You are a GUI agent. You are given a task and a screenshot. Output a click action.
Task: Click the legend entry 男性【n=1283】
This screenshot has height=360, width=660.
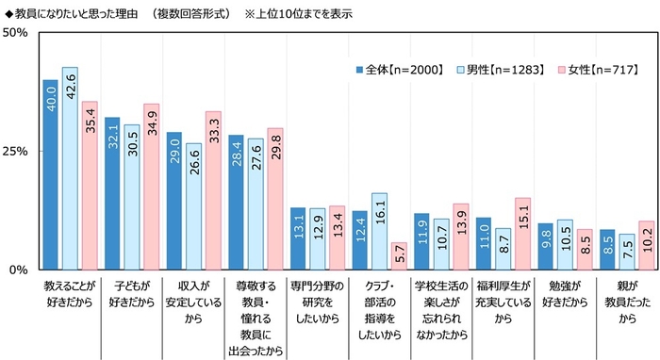(497, 70)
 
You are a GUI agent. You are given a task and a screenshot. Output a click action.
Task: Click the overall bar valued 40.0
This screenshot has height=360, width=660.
(51, 174)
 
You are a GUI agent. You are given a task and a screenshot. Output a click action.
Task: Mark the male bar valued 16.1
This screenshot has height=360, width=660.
(378, 231)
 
